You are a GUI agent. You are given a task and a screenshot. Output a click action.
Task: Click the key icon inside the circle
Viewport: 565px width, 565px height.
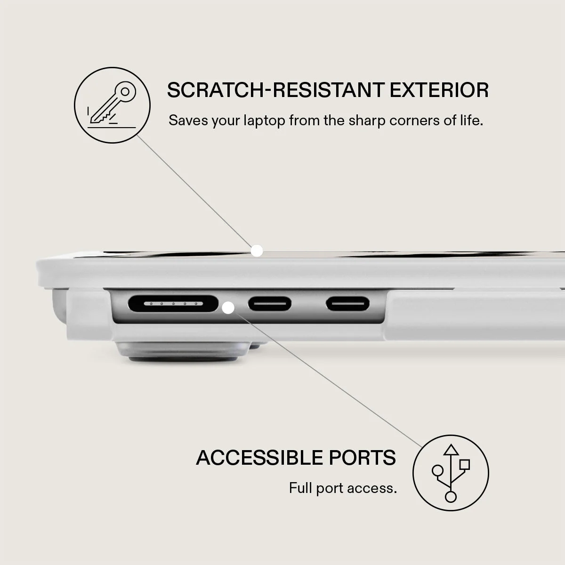113,103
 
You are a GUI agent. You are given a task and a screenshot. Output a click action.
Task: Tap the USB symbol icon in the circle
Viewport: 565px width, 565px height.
451,473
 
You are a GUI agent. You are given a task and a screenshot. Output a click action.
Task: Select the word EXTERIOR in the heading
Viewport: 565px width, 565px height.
439,90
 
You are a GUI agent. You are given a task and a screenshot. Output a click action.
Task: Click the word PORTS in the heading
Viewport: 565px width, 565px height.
363,457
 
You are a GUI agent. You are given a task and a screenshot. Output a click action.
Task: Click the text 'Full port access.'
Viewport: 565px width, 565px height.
343,488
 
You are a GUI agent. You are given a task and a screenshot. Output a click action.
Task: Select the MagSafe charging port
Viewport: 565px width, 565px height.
173,304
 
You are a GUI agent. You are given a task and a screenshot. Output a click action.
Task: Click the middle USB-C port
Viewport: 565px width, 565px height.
269,304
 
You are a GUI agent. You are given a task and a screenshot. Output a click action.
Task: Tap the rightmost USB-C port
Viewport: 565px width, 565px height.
347,304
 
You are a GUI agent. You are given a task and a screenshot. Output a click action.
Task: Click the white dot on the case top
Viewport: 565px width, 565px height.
257,250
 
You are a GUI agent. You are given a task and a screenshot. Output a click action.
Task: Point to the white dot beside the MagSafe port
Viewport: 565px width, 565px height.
228,308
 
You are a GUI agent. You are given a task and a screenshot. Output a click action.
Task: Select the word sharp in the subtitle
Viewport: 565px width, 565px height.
366,121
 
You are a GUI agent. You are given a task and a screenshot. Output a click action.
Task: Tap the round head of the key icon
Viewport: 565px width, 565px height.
125,92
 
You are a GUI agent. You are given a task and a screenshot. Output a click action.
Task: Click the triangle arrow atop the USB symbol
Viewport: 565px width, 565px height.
451,450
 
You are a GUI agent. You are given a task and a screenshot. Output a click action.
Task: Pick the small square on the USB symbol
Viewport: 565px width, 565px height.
465,465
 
